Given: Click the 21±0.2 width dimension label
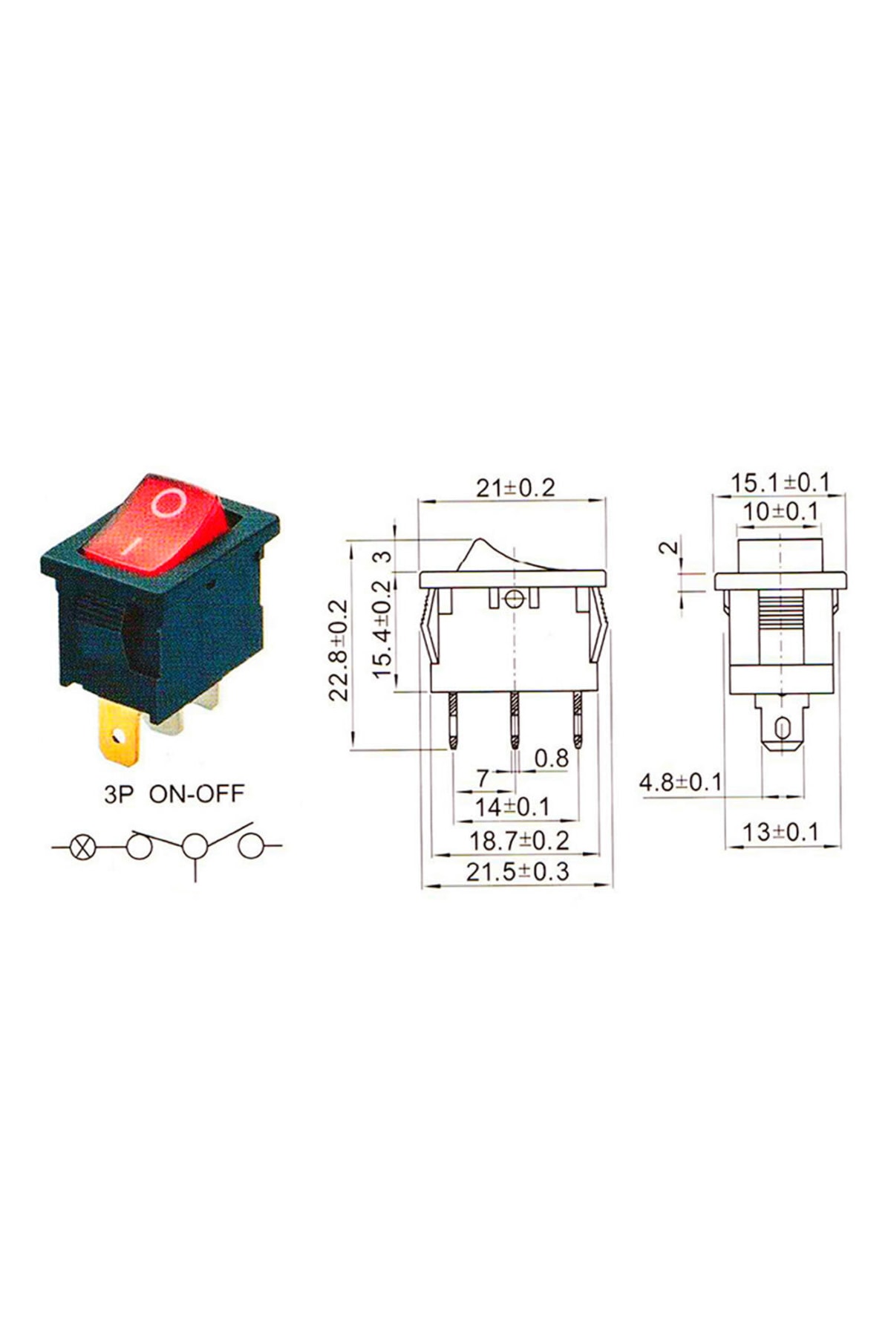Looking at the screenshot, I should pos(515,488).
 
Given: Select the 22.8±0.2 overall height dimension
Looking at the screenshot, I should pos(339,650).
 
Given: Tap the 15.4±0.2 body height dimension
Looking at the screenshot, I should pos(382,628).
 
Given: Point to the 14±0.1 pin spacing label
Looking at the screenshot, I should pos(512,807).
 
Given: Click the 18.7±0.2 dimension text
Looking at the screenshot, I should pos(519,841).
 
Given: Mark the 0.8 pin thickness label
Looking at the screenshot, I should pos(551,758).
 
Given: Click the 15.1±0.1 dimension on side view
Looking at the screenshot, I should pos(779,482).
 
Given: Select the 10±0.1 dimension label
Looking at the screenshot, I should pos(780,512).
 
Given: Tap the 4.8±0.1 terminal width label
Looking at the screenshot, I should pos(681,782).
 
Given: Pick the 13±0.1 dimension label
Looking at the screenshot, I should pos(780,832).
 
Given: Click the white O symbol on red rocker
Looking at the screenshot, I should pos(168,503).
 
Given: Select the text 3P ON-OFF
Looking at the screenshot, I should pos(174,794).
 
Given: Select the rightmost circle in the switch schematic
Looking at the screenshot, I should pos(251,846).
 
